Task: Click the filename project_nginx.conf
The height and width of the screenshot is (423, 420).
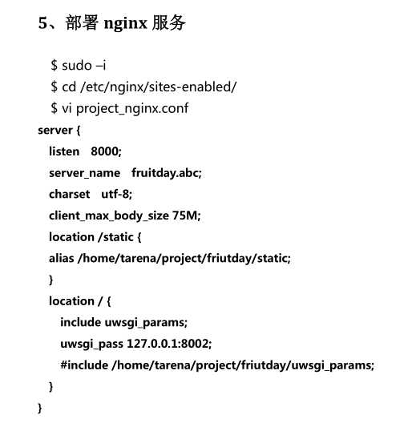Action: pyautogui.click(x=132, y=108)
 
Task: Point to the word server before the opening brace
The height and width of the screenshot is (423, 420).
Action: pyautogui.click(x=55, y=129)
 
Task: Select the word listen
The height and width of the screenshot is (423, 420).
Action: pyautogui.click(x=64, y=151)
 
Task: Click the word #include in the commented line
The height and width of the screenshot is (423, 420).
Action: pyautogui.click(x=83, y=365)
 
